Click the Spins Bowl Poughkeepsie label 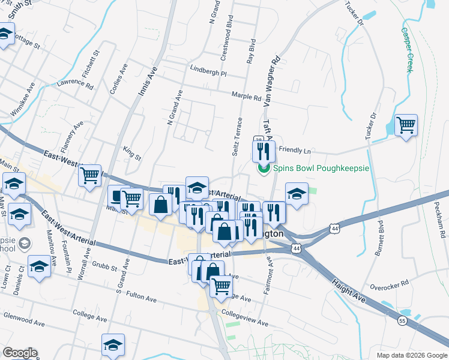coord(321,168)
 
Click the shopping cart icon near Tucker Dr coord(406,125)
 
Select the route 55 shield coord(401,322)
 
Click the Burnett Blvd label coord(379,238)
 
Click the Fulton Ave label coord(142,296)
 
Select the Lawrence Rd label coord(75,86)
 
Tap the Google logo coord(20,353)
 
